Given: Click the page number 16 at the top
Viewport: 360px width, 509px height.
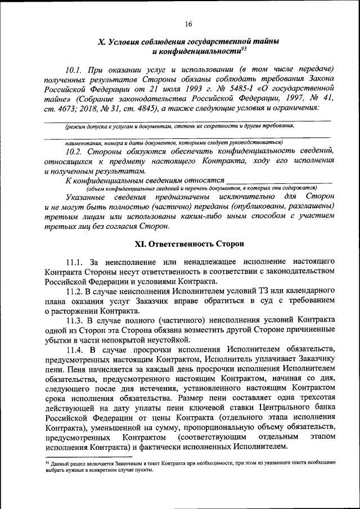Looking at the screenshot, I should (x=188, y=24).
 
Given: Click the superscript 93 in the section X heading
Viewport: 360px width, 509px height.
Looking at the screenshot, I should (x=242, y=48).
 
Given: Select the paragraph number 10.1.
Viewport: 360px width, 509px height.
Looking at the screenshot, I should (x=74, y=70).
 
